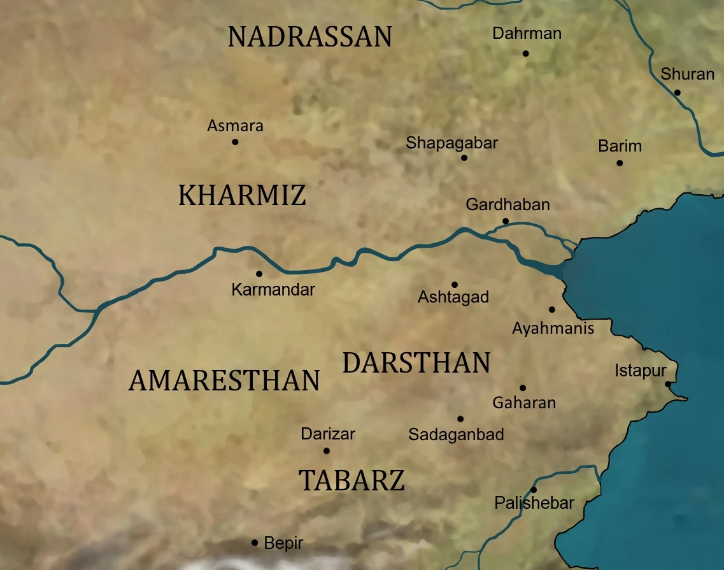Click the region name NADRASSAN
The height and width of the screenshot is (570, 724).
click(x=309, y=38)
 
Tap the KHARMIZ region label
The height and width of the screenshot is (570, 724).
click(x=242, y=196)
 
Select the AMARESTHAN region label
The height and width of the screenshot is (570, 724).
click(x=224, y=381)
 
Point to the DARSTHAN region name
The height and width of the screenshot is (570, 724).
click(x=416, y=363)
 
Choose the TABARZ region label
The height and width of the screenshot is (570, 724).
click(x=351, y=480)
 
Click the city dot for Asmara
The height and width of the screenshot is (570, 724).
click(x=235, y=142)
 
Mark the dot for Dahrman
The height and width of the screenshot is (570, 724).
click(x=526, y=53)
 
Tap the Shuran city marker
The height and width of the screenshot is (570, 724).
click(x=678, y=92)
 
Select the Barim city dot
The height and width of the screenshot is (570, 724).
click(x=620, y=163)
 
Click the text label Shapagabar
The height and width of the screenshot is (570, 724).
click(x=452, y=143)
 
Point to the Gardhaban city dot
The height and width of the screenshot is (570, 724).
click(x=506, y=221)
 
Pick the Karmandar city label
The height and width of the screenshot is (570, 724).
click(x=273, y=290)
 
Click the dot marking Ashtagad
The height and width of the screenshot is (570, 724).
click(x=455, y=285)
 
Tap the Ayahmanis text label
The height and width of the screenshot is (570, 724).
click(x=553, y=329)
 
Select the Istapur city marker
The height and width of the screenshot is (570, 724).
click(x=667, y=384)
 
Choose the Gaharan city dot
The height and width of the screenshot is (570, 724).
click(x=523, y=388)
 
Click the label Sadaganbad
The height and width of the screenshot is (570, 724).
click(x=456, y=435)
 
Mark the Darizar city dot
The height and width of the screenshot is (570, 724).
click(x=327, y=451)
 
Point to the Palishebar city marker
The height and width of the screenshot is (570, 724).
click(x=534, y=490)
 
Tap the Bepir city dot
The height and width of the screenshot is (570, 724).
click(x=255, y=543)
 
